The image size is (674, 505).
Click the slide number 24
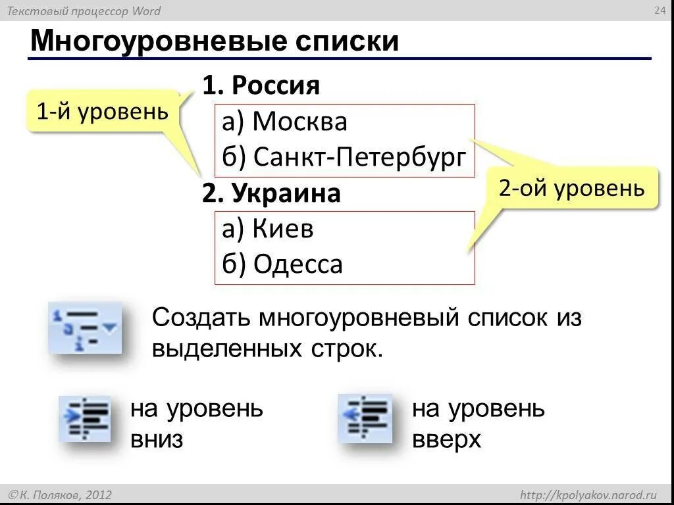[x=659, y=10]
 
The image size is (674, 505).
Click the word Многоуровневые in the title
[x=157, y=41]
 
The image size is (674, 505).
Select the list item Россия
[x=276, y=85]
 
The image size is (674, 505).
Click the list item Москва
[x=299, y=122]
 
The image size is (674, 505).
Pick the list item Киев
[x=283, y=229]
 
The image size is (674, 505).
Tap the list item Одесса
[x=298, y=264]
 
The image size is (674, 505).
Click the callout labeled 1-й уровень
[x=102, y=112]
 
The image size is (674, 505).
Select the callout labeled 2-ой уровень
[x=571, y=189]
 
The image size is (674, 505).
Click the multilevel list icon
[x=85, y=327]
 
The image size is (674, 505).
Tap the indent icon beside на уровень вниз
[x=84, y=418]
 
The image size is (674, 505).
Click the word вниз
[x=156, y=439]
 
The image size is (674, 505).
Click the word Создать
[x=201, y=318]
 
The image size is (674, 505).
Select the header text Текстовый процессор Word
[x=83, y=11]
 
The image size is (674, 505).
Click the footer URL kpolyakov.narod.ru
[x=589, y=494]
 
